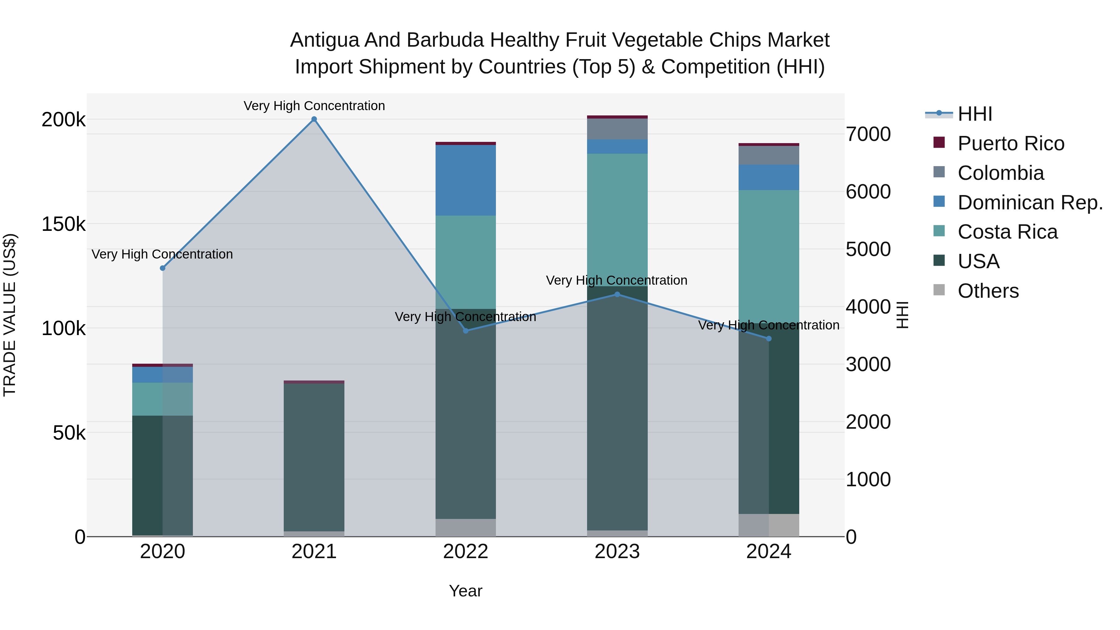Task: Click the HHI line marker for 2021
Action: pyautogui.click(x=314, y=119)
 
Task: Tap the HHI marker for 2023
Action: pyautogui.click(x=617, y=294)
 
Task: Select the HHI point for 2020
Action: pyautogui.click(x=163, y=268)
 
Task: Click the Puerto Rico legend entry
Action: pyautogui.click(x=1010, y=143)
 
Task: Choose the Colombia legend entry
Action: pyautogui.click(x=1001, y=173)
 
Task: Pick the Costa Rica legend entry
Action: pyautogui.click(x=1007, y=232)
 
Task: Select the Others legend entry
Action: pyautogui.click(x=988, y=291)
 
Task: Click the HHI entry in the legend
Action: pyautogui.click(x=975, y=114)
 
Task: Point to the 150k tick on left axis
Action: pyautogui.click(x=63, y=224)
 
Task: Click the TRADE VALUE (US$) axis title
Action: pyautogui.click(x=10, y=315)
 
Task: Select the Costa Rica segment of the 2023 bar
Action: pyautogui.click(x=617, y=220)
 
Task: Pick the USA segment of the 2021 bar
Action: pyautogui.click(x=314, y=456)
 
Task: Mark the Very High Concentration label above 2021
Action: pyautogui.click(x=314, y=106)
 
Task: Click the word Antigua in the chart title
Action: pyautogui.click(x=325, y=40)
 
